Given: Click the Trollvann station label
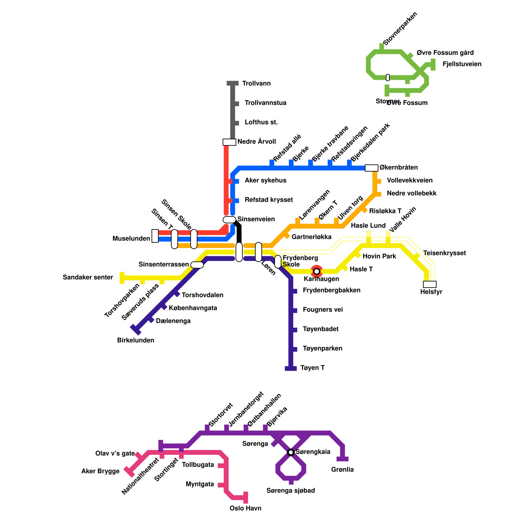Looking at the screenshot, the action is [256, 84].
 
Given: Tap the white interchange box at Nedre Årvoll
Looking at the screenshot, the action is [229, 142].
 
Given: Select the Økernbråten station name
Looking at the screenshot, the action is [398, 168].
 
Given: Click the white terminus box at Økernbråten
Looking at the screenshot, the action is [371, 168].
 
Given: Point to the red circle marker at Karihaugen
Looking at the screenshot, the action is [317, 271].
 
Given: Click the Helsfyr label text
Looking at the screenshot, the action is [431, 292].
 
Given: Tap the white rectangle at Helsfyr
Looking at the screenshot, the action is [430, 284].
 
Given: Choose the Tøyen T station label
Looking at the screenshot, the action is [312, 368].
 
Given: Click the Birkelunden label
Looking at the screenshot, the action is [136, 341].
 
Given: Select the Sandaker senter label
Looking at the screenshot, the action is [88, 278].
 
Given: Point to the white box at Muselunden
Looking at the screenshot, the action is [155, 236].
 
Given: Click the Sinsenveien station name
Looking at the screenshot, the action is [256, 219].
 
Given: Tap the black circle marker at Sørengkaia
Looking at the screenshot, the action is [291, 452].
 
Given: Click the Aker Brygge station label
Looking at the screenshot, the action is [100, 471].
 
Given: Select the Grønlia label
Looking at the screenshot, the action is [343, 470].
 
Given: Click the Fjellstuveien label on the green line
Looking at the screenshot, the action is [462, 64].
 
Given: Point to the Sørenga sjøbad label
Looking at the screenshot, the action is [290, 491].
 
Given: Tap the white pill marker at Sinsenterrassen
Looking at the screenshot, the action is [197, 265].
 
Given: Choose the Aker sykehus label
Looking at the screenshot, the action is [265, 181].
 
